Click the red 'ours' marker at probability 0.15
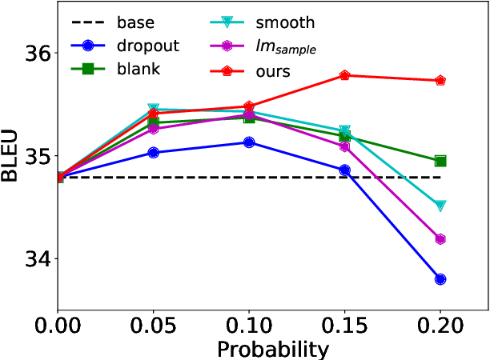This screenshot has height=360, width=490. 344,75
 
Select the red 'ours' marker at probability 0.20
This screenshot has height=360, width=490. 440,81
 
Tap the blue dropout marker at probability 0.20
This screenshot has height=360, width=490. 440,279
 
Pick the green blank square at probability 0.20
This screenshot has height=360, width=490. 440,161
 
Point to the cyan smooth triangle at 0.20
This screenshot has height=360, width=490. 440,206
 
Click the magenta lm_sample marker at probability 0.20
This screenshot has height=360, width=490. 440,239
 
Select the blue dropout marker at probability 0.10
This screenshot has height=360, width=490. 249,142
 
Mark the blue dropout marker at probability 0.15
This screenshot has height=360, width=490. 344,170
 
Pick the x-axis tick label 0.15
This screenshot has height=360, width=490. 344,327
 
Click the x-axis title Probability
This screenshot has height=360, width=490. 272,350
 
